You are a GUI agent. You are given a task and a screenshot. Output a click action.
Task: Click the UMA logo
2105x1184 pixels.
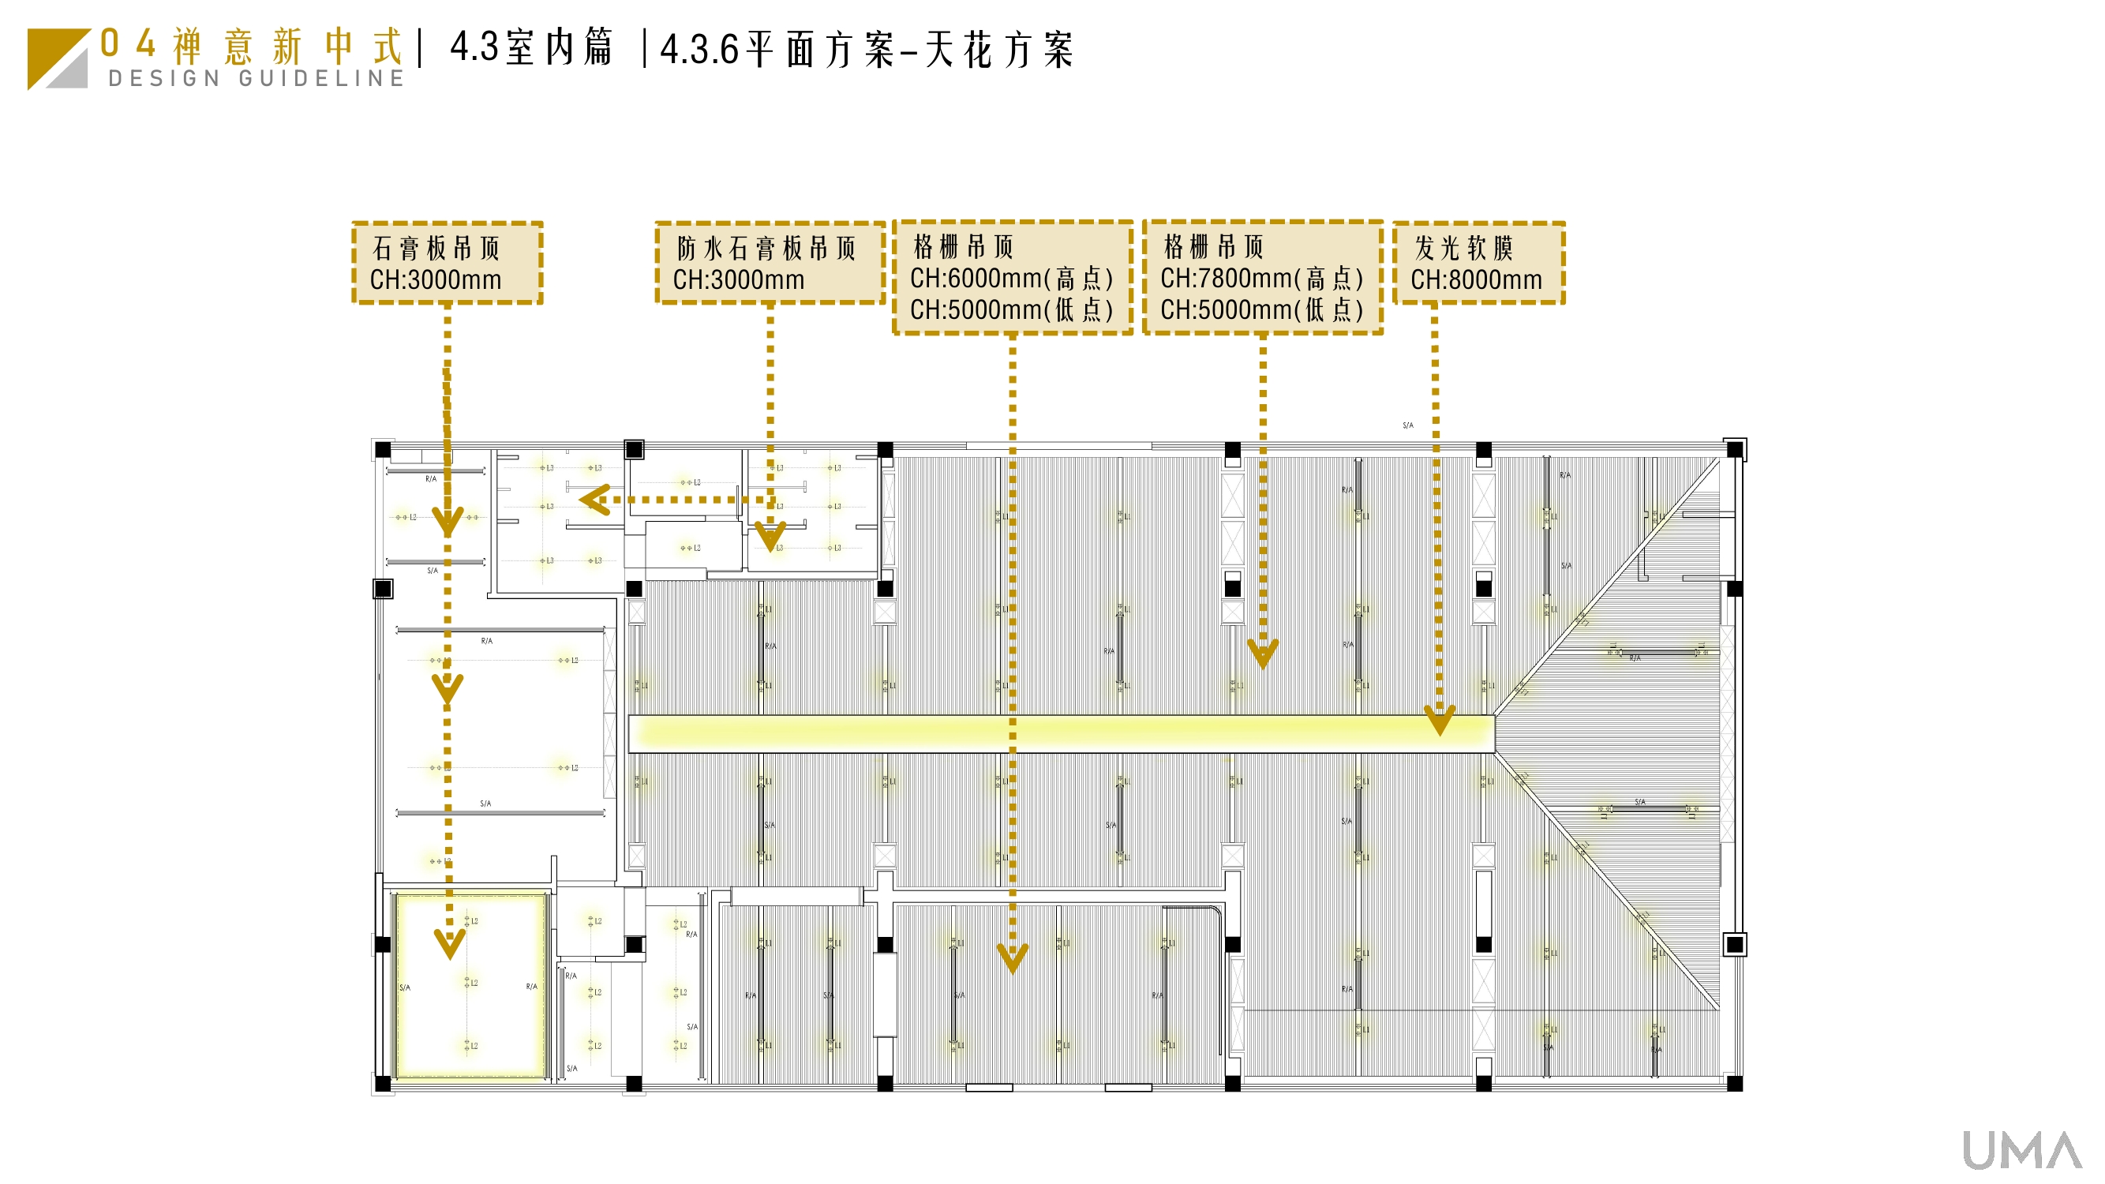pos(2021,1151)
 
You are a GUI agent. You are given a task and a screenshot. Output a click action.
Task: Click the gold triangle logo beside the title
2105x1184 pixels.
pos(57,59)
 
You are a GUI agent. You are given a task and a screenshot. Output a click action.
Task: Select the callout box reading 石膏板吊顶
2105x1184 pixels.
pos(447,263)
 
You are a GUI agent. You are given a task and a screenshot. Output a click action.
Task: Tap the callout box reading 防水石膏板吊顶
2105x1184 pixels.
pos(770,263)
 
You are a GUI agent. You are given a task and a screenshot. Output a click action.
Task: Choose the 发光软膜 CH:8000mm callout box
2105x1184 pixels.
pos(1478,263)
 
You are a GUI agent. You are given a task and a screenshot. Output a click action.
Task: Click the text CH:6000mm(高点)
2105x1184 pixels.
pos(1012,279)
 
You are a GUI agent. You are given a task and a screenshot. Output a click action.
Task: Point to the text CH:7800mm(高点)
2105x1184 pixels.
pos(1262,279)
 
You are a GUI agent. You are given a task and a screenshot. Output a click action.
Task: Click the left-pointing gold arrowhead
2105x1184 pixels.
pos(595,500)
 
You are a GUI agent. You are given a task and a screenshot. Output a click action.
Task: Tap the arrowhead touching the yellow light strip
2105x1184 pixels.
pos(1439,720)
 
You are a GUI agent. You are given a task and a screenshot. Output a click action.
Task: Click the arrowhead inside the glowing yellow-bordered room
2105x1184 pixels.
pos(449,944)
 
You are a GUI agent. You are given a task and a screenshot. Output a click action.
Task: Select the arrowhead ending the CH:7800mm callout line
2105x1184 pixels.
pos(1263,654)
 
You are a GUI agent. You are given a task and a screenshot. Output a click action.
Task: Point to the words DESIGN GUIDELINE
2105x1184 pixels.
pos(257,78)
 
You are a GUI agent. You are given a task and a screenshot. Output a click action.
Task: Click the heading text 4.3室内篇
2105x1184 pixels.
pos(531,47)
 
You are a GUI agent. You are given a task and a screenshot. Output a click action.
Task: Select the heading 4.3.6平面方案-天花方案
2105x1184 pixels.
pos(866,50)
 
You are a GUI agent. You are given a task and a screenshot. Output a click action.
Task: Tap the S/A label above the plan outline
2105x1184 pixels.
pos(1407,425)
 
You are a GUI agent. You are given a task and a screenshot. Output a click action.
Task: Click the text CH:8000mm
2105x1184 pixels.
pos(1476,280)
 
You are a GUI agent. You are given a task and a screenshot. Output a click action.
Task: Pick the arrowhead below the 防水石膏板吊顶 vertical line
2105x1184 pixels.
pos(770,537)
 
